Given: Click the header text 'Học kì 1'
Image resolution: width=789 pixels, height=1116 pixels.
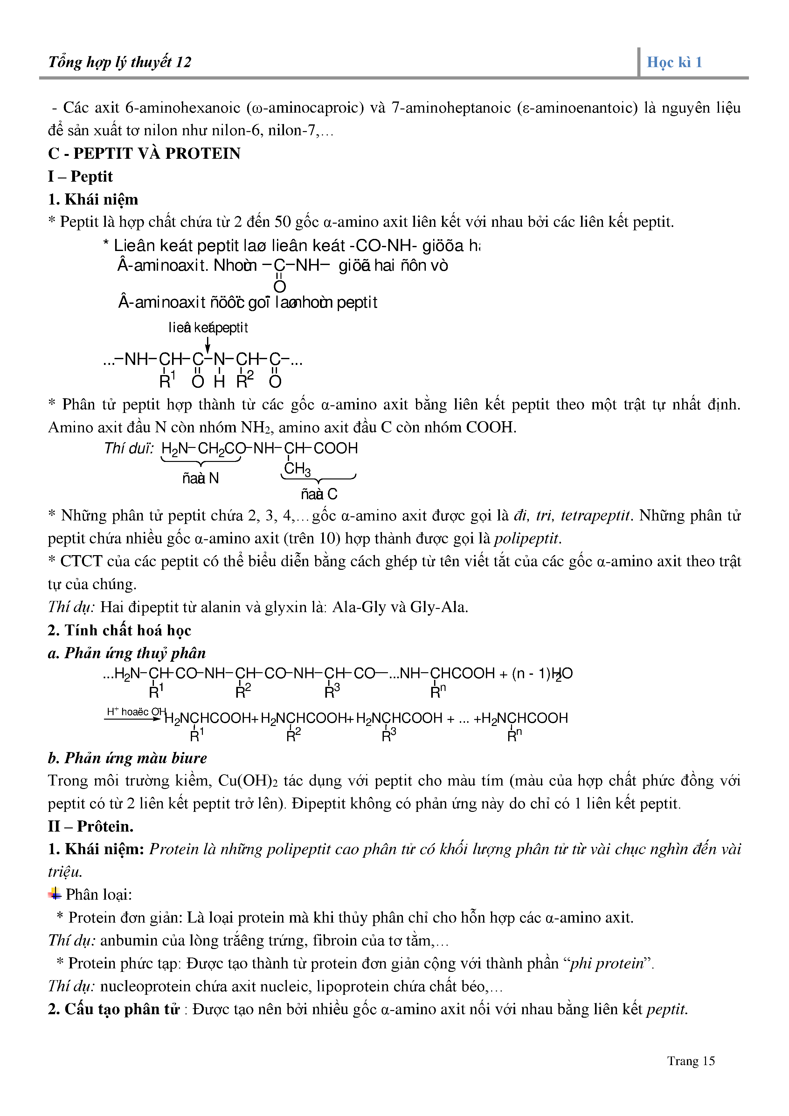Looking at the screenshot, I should pos(674,62).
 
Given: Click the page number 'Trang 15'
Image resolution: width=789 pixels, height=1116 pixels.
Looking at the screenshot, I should pos(690,1061).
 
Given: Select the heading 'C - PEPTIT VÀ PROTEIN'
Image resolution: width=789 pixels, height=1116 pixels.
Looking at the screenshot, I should pos(144,154).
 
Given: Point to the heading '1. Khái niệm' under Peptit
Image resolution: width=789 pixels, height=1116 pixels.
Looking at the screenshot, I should pos(93,199).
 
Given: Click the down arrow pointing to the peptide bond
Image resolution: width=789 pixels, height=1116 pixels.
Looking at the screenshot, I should pos(208,345).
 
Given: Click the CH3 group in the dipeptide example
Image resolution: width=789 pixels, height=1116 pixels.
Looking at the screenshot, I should pos(297,469).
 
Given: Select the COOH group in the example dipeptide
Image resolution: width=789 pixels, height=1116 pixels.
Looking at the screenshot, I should pos(335,448).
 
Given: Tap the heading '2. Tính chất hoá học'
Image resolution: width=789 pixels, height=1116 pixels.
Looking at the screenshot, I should pos(120,631).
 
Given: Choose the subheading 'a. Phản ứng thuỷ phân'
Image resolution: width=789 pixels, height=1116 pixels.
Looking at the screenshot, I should pos(127,653).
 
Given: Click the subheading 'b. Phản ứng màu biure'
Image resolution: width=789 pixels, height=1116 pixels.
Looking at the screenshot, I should pos(127,758).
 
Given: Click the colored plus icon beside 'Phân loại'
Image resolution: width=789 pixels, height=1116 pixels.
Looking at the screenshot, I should pos(54,893).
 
